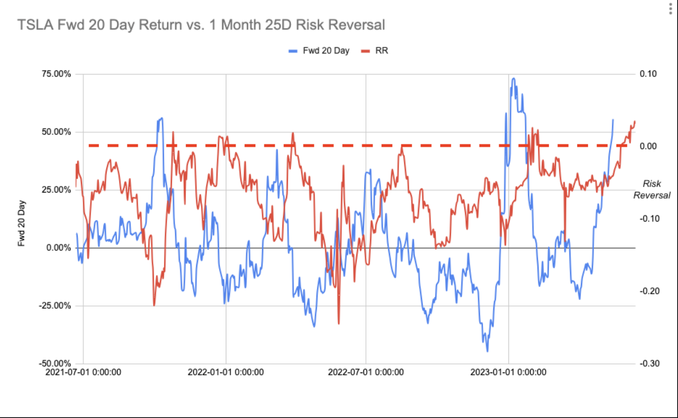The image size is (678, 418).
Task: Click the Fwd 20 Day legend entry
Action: tap(325, 51)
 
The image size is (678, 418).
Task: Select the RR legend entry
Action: tap(381, 51)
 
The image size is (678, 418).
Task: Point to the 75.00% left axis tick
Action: tap(56, 74)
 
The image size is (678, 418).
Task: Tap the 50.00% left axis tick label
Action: tap(56, 132)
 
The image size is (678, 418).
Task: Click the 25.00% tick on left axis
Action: tap(56, 190)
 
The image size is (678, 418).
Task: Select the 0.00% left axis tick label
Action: tap(58, 248)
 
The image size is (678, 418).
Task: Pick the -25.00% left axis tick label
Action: tap(55, 306)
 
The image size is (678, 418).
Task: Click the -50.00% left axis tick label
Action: tap(55, 363)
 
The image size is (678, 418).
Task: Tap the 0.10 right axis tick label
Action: tap(648, 74)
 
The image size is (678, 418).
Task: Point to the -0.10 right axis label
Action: tap(649, 219)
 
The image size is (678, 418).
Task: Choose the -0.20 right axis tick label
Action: tap(649, 291)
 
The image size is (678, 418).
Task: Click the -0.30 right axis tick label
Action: tap(649, 363)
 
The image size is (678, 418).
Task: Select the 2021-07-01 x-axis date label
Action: tap(83, 372)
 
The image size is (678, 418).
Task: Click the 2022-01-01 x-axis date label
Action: tap(225, 372)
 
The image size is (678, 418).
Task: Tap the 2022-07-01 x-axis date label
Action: tap(366, 372)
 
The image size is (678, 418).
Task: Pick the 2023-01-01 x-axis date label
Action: tap(508, 372)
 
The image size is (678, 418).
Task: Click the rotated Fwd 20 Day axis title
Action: tap(21, 223)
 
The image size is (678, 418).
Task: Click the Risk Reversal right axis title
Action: tap(652, 189)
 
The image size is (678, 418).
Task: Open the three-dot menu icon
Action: tap(670, 9)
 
